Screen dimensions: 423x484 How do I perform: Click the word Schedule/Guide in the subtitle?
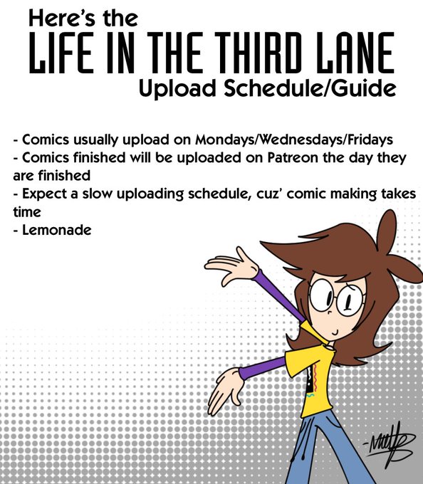(310, 88)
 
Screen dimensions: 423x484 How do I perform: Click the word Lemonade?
(57, 230)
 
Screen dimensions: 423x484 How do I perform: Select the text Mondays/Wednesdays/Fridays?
(294, 140)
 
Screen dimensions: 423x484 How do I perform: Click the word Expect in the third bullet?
(44, 194)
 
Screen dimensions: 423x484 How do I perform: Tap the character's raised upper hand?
(231, 266)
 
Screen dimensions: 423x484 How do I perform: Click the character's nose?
(330, 312)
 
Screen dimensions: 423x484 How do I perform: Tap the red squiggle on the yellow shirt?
(315, 377)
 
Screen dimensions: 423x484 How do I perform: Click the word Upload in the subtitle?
(177, 89)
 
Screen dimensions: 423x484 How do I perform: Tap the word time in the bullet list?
(27, 212)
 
